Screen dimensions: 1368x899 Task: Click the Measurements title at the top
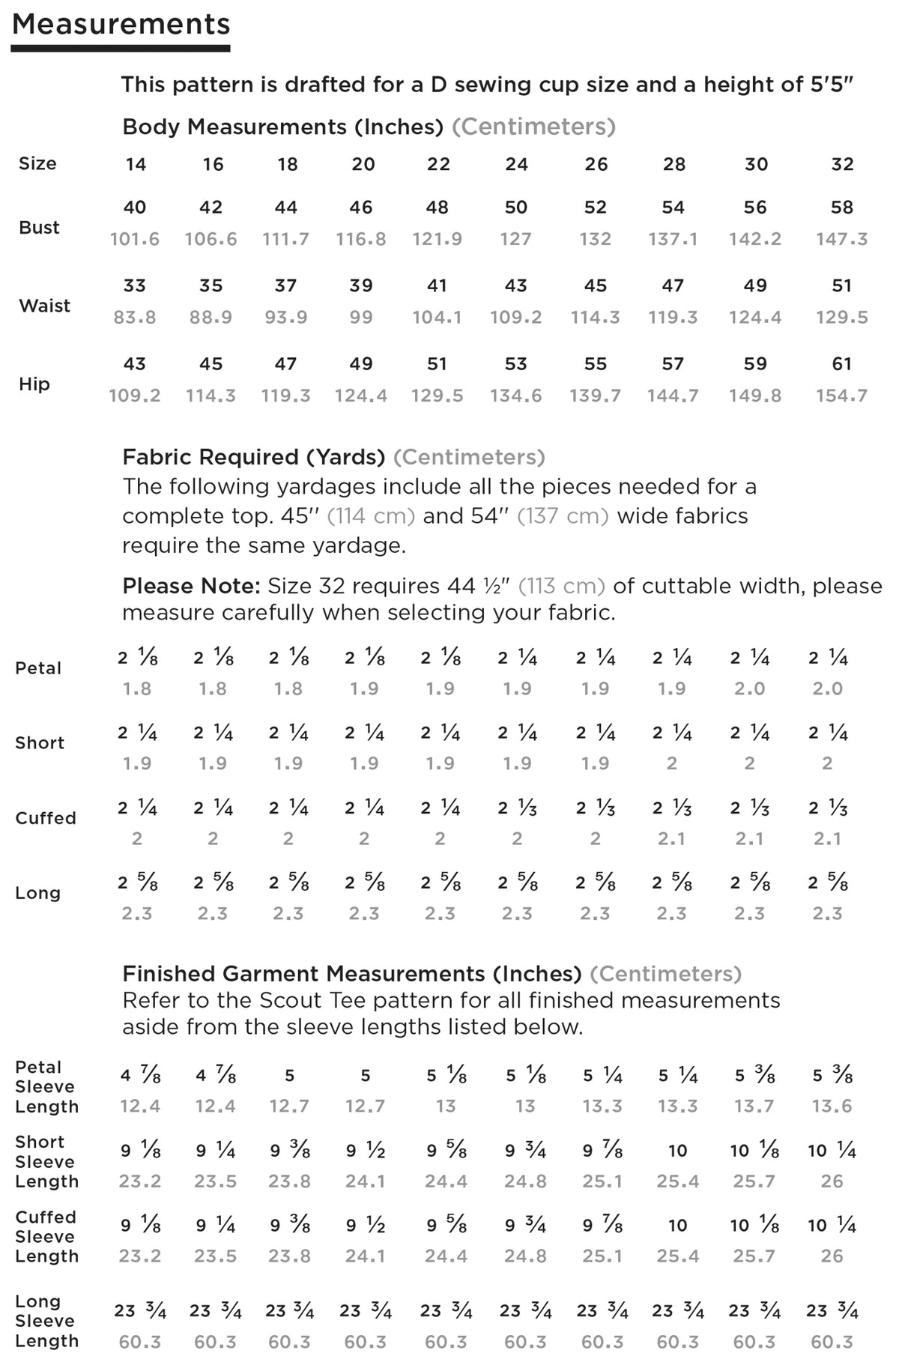point(121,24)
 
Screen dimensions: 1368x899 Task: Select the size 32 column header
point(842,164)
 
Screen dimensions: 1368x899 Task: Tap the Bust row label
point(39,227)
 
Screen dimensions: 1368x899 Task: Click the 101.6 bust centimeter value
point(135,239)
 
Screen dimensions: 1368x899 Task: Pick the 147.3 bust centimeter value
point(842,239)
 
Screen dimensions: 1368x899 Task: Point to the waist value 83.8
point(135,317)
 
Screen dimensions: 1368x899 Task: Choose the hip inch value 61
point(842,364)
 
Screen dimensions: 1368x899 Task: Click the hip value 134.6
point(516,396)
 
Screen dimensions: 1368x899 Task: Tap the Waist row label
point(44,306)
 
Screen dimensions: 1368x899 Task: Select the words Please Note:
point(191,586)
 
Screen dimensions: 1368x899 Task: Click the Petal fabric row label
point(38,668)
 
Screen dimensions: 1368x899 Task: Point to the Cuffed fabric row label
point(46,818)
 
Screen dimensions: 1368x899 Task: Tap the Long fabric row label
point(37,893)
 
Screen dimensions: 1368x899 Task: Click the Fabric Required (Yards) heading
point(253,457)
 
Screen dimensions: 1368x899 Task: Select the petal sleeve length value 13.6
point(832,1106)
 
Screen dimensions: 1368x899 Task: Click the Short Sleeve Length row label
point(46,1161)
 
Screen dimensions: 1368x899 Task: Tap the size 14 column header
point(136,164)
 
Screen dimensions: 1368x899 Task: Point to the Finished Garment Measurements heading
point(351,974)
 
